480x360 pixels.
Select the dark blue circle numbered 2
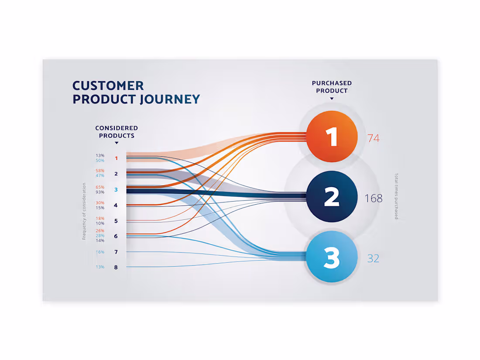pyautogui.click(x=332, y=197)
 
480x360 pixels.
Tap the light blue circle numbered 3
pyautogui.click(x=332, y=257)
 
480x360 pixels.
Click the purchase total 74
pyautogui.click(x=373, y=138)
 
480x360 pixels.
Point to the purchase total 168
pyautogui.click(x=373, y=199)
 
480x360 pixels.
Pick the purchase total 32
pyautogui.click(x=373, y=258)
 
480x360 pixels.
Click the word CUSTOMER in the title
pyautogui.click(x=108, y=86)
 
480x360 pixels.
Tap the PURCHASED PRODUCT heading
pyautogui.click(x=332, y=87)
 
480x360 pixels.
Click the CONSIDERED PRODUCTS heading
pyautogui.click(x=117, y=132)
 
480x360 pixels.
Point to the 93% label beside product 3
pyautogui.click(x=100, y=192)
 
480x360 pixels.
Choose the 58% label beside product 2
pyautogui.click(x=100, y=171)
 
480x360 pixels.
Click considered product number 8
pyautogui.click(x=116, y=267)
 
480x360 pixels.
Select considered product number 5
pyautogui.click(x=116, y=221)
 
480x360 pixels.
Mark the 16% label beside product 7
pyautogui.click(x=100, y=252)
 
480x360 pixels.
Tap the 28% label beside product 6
pyautogui.click(x=100, y=236)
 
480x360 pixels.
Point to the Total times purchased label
pyautogui.click(x=396, y=196)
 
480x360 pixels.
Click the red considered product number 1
pyautogui.click(x=116, y=158)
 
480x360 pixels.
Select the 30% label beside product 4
pyautogui.click(x=100, y=203)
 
